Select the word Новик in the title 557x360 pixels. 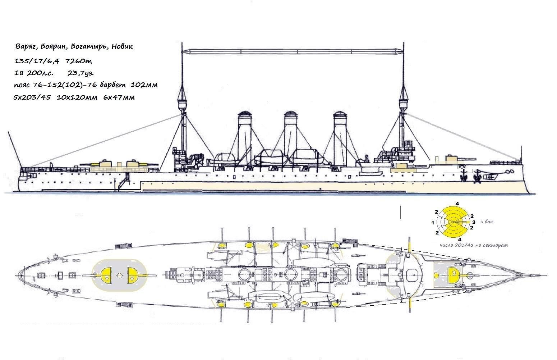click(122, 46)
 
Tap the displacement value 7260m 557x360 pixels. click(79, 61)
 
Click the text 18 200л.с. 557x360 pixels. click(33, 73)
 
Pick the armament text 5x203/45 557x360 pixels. click(32, 97)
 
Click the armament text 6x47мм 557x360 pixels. click(119, 97)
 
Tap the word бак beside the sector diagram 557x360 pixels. click(489, 222)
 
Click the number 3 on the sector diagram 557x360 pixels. click(474, 222)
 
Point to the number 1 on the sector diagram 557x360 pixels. click(433, 223)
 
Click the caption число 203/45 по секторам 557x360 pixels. click(474, 245)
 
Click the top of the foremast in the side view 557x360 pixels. click(403, 43)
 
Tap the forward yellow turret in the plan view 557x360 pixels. click(454, 275)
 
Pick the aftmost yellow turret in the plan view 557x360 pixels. click(106, 275)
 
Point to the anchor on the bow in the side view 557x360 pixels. click(464, 176)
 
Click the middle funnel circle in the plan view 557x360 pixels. click(290, 274)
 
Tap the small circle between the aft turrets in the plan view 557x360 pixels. click(120, 275)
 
